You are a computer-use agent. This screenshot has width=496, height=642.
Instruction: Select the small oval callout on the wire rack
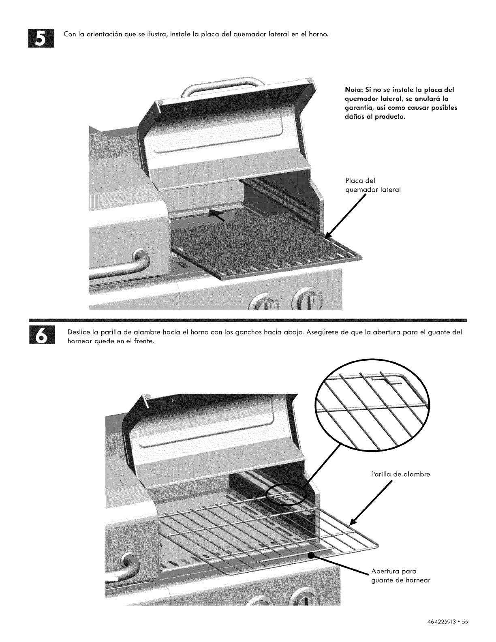point(286,494)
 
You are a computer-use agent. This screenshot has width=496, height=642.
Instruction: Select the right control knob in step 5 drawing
point(304,300)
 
